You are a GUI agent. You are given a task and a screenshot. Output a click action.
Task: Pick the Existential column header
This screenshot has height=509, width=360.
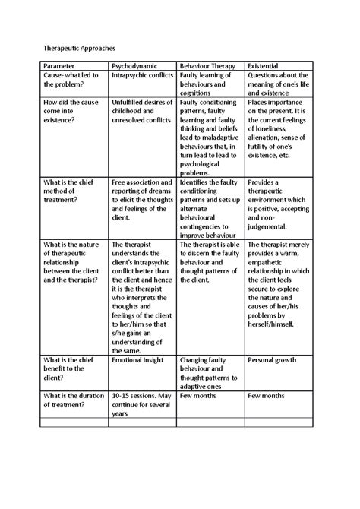coord(267,66)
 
